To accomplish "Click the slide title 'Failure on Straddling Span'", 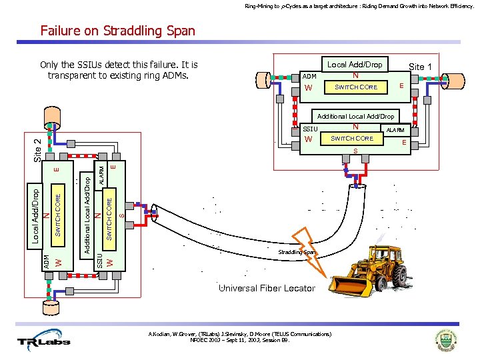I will coord(118,31).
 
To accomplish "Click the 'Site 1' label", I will coord(420,67).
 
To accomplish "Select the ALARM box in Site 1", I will coord(394,129).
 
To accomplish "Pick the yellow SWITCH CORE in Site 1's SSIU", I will coord(353,139).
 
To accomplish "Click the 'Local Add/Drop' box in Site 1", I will coord(355,64).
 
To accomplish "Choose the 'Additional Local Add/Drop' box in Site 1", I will coord(355,116).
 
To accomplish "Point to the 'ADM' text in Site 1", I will coord(309,77).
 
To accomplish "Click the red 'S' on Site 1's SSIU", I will coord(355,151).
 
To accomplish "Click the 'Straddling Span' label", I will coord(296,253).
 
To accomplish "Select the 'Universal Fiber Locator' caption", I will coord(265,289).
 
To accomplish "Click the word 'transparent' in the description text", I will coord(75,75).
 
